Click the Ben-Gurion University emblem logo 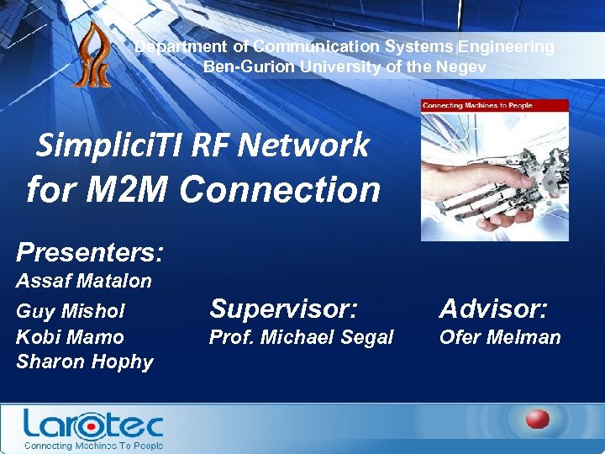click(90, 55)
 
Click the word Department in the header click(180, 47)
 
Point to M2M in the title click(128, 189)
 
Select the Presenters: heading click(90, 251)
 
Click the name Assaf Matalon click(84, 281)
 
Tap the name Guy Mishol click(71, 311)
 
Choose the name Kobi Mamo click(71, 337)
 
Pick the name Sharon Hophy click(85, 362)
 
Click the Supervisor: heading click(283, 309)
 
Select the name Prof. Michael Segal click(301, 337)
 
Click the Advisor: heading click(493, 309)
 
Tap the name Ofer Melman click(499, 337)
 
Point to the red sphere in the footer click(538, 420)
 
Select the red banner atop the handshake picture click(495, 107)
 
